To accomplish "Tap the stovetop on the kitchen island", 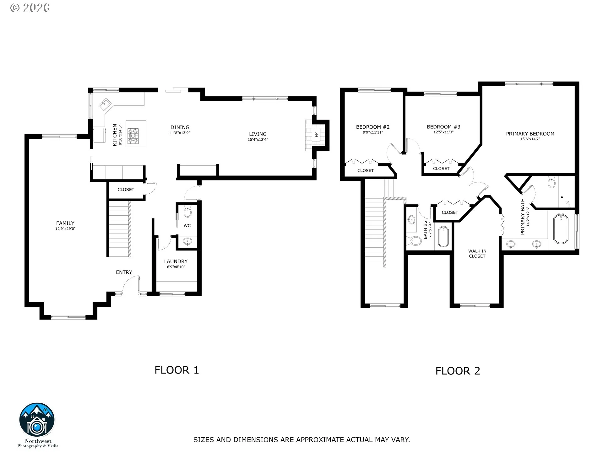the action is [133, 136].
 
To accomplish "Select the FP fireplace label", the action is [316, 135].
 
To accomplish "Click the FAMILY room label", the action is [65, 223].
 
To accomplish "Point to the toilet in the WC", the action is [187, 212].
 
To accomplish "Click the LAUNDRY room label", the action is [176, 261].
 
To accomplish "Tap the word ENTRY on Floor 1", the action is [124, 272].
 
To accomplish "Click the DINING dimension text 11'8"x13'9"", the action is [180, 133].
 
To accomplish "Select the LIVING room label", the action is [258, 134].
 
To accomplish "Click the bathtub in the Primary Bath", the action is [561, 229].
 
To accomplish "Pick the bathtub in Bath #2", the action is [443, 236].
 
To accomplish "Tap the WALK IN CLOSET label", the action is [477, 254].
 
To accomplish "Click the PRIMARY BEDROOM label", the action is [530, 134].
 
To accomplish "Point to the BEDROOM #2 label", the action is [373, 127].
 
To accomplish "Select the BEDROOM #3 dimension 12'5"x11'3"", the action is [443, 132].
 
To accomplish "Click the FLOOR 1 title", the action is [177, 370].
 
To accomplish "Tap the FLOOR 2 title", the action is [458, 371].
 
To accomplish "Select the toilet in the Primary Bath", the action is [551, 182].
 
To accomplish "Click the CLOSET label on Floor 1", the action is [126, 190].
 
